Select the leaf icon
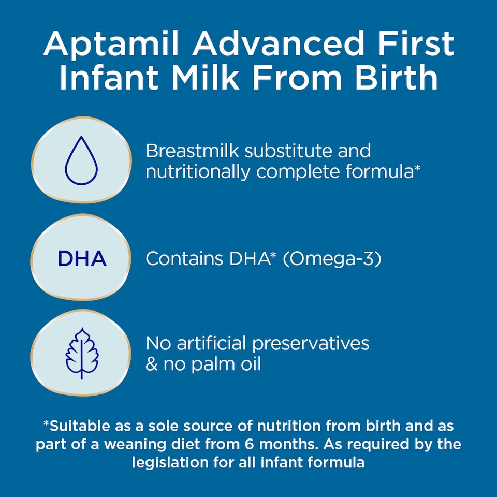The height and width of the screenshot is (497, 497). click(x=81, y=354)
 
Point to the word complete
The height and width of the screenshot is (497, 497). click(x=301, y=172)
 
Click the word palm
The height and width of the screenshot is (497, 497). click(x=207, y=364)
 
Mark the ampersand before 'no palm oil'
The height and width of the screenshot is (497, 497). click(x=151, y=364)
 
